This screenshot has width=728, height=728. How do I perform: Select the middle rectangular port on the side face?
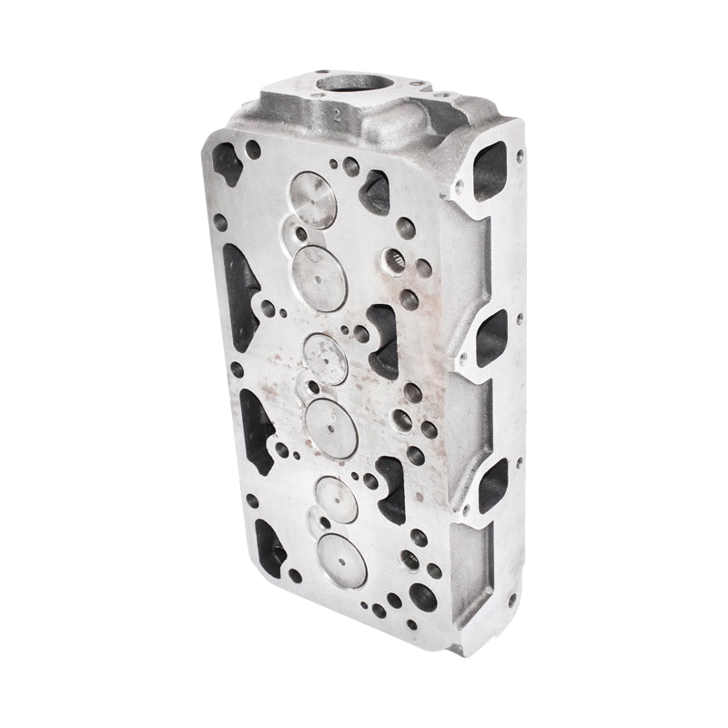[x=491, y=335]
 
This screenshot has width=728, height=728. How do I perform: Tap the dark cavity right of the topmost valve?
[x=373, y=187]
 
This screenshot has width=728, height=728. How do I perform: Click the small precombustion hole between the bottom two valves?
[x=314, y=526]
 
